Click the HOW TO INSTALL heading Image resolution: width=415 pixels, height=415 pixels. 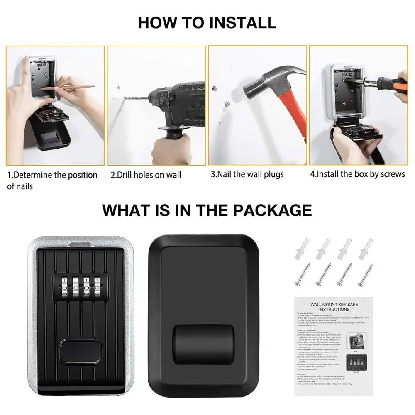pos(207,22)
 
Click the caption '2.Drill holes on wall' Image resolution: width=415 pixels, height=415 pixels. pos(146,175)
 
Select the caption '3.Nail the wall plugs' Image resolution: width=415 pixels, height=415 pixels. pos(247,174)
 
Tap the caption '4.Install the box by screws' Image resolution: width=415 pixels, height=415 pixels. pos(358,174)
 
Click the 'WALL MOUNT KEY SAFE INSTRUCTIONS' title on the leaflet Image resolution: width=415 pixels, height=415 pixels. pos(334,307)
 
